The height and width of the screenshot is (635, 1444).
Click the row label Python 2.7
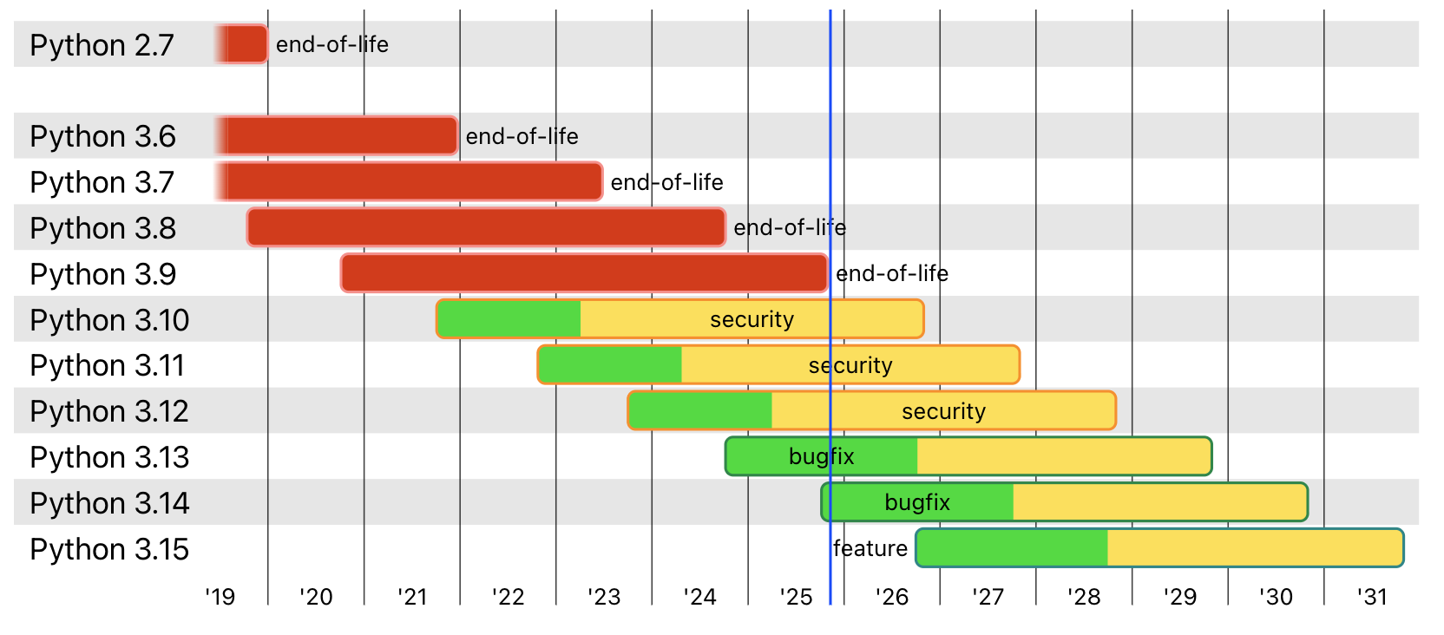pos(102,45)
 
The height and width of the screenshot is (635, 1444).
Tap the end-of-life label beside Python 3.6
pos(522,136)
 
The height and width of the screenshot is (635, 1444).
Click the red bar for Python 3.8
pos(486,227)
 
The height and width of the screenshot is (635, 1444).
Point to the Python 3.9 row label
pos(102,274)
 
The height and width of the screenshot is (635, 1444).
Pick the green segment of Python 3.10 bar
pos(509,319)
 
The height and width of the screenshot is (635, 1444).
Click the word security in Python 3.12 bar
pos(943,411)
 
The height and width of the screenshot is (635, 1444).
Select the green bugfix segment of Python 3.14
pos(918,502)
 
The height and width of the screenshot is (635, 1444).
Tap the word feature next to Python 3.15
pos(870,548)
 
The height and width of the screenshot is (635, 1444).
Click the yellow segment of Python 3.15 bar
pos(1254,548)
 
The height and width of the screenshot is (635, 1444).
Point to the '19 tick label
pos(220,597)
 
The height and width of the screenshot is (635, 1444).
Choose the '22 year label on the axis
pos(508,597)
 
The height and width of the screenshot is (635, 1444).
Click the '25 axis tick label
pos(796,597)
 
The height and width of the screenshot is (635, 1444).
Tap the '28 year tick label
pos(1084,597)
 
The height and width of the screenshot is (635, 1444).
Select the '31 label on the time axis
pos(1372,597)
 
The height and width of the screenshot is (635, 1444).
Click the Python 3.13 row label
pos(109,457)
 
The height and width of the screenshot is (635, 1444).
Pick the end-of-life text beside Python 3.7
pos(666,182)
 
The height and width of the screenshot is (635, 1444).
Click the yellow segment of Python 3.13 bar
pos(1063,457)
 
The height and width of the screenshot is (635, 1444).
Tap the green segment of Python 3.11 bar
pos(610,365)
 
